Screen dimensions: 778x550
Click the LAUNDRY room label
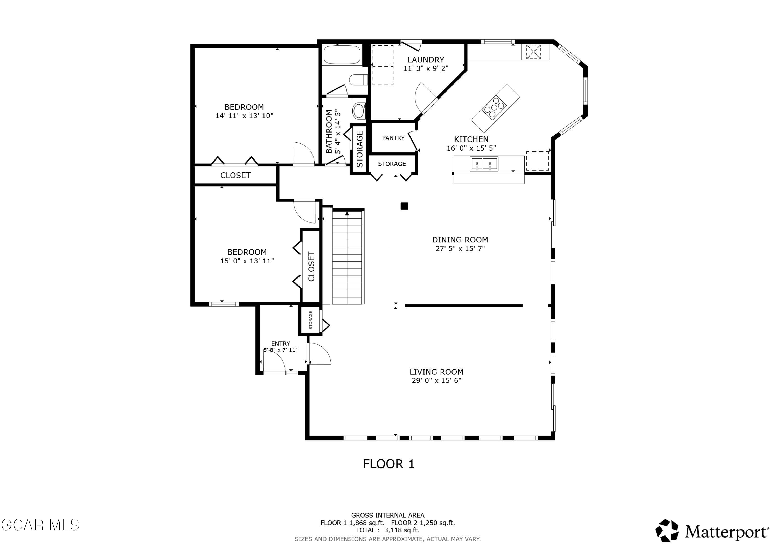point(426,60)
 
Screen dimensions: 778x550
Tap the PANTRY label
point(393,138)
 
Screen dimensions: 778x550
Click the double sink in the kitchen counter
point(484,164)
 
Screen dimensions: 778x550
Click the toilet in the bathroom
point(358,80)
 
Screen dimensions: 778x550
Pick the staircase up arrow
point(347,213)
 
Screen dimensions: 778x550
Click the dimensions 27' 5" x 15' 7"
point(460,249)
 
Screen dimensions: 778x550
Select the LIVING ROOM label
point(436,372)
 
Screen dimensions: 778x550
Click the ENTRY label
point(280,343)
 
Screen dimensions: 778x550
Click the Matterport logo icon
point(666,531)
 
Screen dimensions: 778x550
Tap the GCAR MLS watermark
point(40,525)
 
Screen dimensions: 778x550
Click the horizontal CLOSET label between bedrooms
point(235,175)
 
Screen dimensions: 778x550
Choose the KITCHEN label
point(471,139)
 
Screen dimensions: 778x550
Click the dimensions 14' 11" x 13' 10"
point(244,116)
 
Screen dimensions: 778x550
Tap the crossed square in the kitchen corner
point(533,52)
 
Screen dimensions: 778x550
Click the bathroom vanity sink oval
point(358,110)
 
